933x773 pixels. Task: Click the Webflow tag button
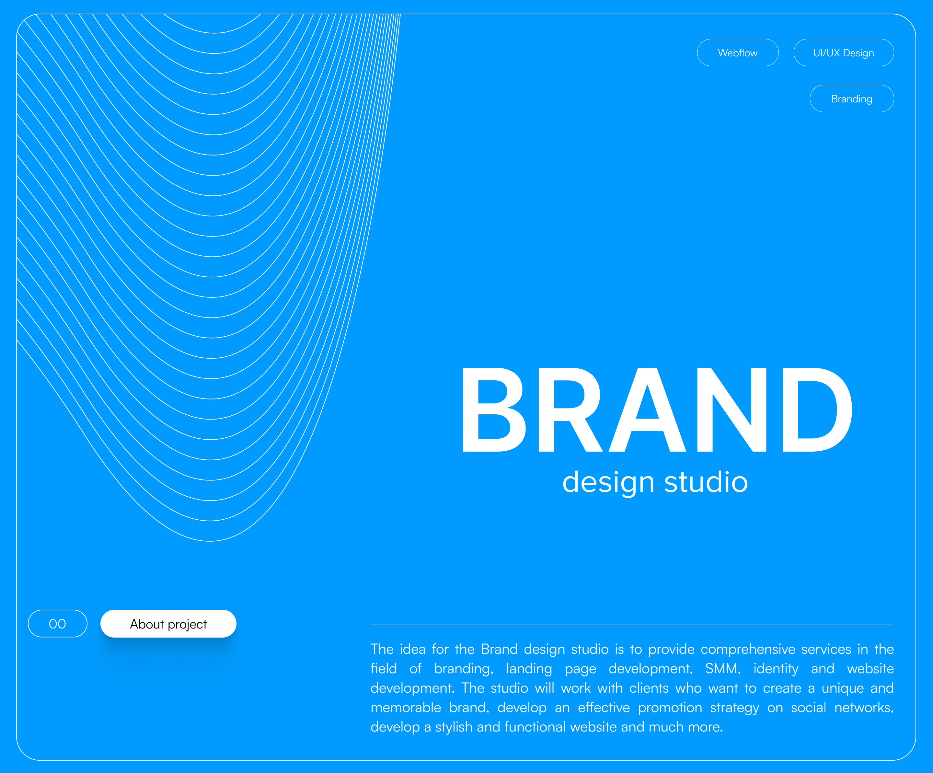coord(738,53)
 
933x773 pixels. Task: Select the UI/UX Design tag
coord(843,53)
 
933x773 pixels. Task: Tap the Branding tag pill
coord(851,98)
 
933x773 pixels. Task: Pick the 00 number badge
coord(57,624)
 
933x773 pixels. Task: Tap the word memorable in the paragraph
coord(406,707)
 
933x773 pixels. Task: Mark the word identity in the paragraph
coord(776,669)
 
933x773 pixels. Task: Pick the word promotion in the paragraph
coord(670,708)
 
